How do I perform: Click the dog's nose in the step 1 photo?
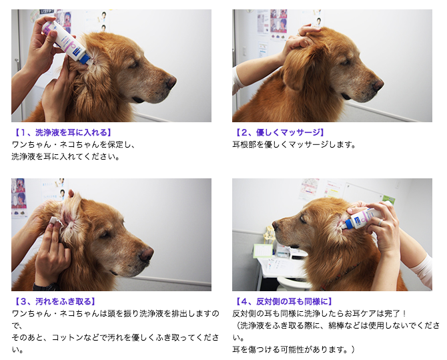[x=171, y=83]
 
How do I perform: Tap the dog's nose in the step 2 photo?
[x=378, y=85]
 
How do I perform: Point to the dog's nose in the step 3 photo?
[x=147, y=254]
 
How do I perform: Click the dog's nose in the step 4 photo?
[x=276, y=226]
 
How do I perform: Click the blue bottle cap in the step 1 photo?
[x=85, y=60]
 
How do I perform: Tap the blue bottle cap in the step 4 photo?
[x=348, y=224]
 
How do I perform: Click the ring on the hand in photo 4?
[x=380, y=222]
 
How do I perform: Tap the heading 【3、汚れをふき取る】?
[x=55, y=301]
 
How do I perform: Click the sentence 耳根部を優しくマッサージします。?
[x=294, y=145]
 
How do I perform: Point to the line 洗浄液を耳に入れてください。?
[x=65, y=157]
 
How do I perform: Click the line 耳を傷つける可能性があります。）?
[x=294, y=350]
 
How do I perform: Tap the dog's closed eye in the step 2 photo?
[x=345, y=62]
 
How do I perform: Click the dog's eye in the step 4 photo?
[x=303, y=219]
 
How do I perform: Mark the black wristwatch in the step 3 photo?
[x=45, y=287]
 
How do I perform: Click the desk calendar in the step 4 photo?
[x=263, y=250]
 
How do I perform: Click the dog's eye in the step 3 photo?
[x=105, y=234]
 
